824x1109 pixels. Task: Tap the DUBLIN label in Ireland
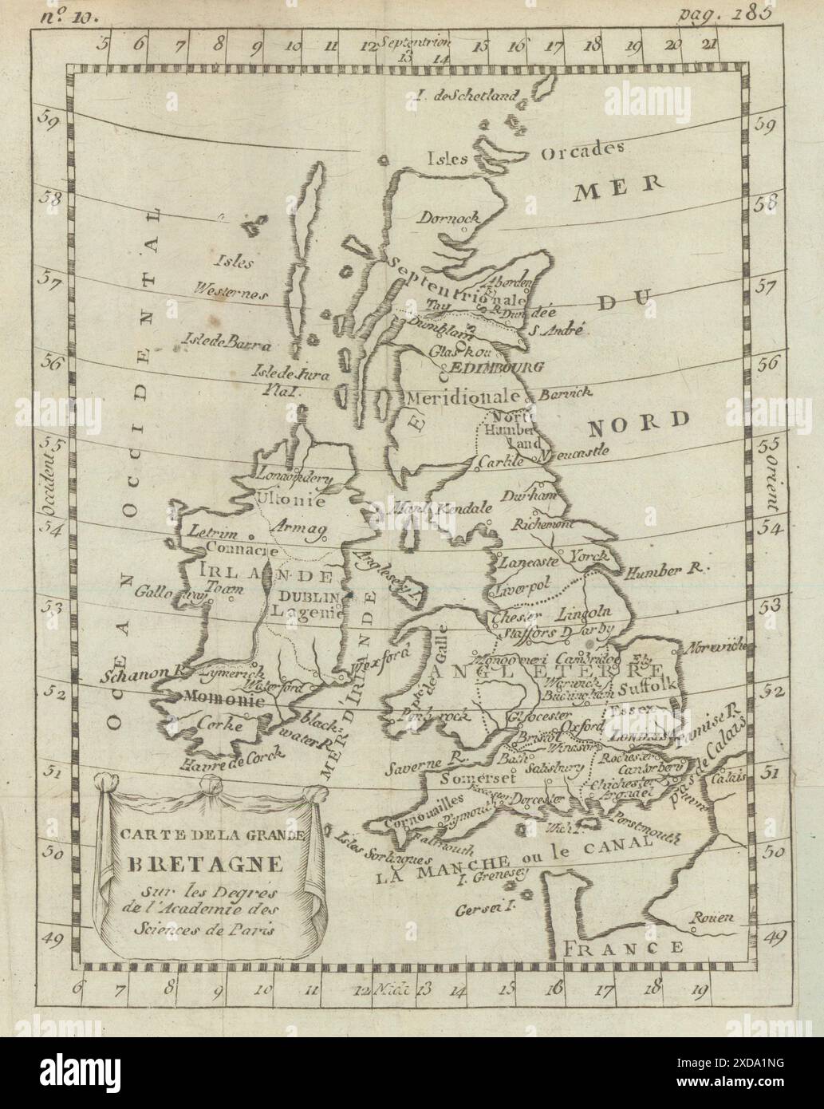[303, 596]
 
